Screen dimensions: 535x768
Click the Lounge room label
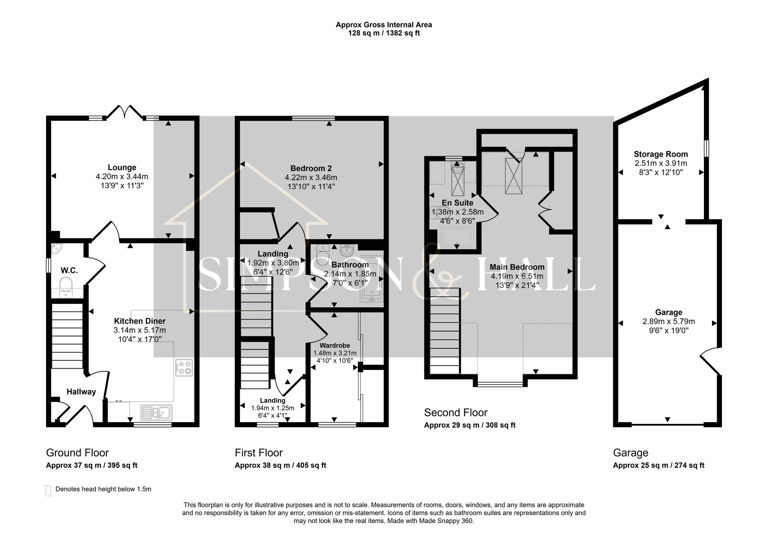tap(122, 167)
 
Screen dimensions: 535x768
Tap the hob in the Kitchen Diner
tap(184, 368)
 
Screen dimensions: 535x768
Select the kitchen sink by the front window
tap(156, 413)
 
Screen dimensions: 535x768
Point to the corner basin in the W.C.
tap(56, 249)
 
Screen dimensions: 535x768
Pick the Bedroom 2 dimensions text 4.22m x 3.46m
tap(311, 177)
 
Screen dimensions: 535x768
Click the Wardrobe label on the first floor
tap(335, 346)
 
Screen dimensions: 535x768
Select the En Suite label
tap(457, 203)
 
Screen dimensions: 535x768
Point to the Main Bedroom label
tap(517, 267)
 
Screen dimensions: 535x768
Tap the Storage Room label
tap(660, 154)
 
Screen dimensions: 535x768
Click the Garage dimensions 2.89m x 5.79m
tap(669, 321)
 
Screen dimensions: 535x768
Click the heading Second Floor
tap(455, 413)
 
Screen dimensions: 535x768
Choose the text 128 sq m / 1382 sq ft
tap(384, 33)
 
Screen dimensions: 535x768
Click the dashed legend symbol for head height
tap(48, 490)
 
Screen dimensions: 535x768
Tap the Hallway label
tap(81, 392)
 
